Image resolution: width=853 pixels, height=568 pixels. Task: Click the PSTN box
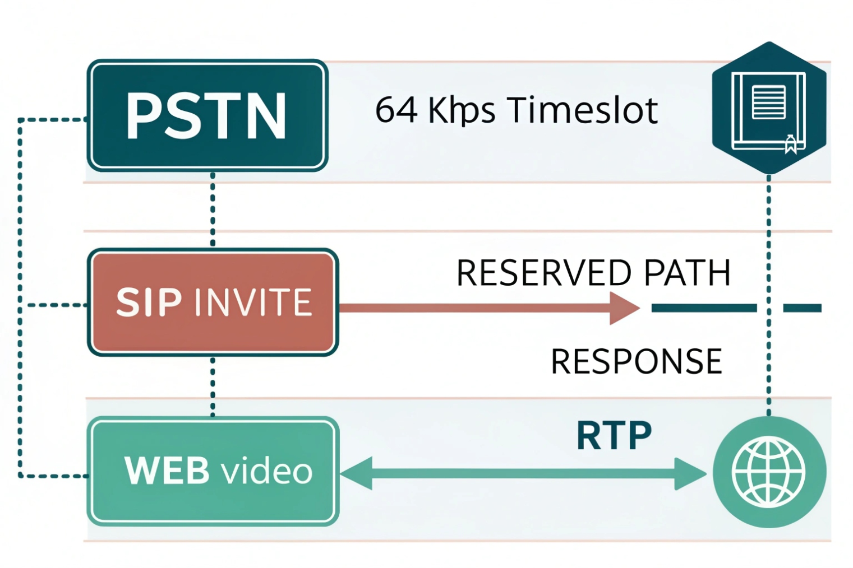(208, 115)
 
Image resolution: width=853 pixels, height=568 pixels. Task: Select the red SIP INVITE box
(213, 302)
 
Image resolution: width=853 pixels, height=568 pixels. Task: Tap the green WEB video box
(213, 471)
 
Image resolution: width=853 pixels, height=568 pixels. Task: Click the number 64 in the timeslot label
(396, 110)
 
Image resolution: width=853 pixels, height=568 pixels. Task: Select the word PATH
(687, 273)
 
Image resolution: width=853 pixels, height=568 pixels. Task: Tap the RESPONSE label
(637, 361)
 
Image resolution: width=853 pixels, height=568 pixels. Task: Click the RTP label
(614, 436)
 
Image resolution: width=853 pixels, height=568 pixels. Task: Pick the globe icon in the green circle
(769, 472)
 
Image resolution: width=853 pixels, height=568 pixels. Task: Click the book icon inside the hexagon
(768, 110)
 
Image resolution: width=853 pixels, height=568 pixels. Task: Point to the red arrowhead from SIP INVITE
(624, 308)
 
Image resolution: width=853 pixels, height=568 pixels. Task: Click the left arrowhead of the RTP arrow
(357, 473)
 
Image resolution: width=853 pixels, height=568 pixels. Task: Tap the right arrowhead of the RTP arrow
(690, 473)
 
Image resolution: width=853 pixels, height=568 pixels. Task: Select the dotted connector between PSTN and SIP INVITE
(213, 209)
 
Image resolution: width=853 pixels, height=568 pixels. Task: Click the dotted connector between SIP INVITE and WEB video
(213, 387)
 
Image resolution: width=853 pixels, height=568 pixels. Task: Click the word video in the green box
(267, 471)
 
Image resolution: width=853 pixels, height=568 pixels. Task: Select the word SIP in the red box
(149, 302)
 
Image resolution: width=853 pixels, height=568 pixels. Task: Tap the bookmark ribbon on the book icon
(790, 145)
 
